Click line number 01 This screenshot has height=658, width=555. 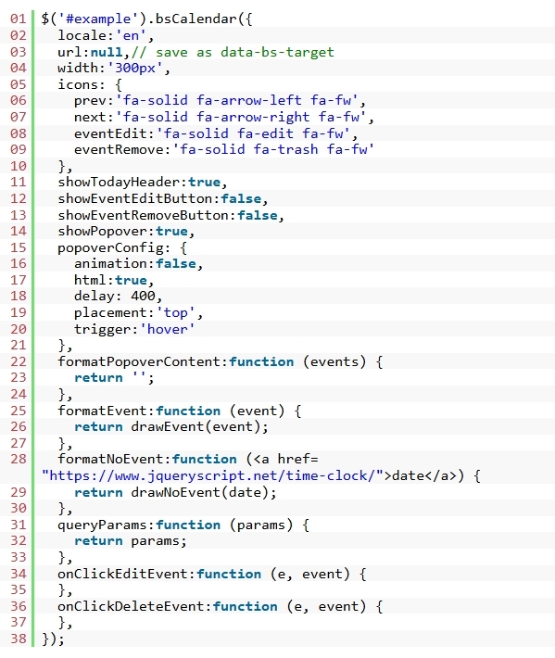point(18,19)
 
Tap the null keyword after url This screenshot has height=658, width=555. point(107,52)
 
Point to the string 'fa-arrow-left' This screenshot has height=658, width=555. point(249,100)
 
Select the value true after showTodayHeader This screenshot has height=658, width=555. point(204,183)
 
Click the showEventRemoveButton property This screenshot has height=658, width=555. point(144,215)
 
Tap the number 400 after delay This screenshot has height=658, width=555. point(143,296)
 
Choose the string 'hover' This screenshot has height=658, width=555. point(168,329)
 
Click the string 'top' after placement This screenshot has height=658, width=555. point(176,312)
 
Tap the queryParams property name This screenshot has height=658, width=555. point(103,525)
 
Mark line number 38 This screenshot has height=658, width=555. point(18,639)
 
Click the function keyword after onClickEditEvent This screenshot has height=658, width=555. point(229,574)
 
